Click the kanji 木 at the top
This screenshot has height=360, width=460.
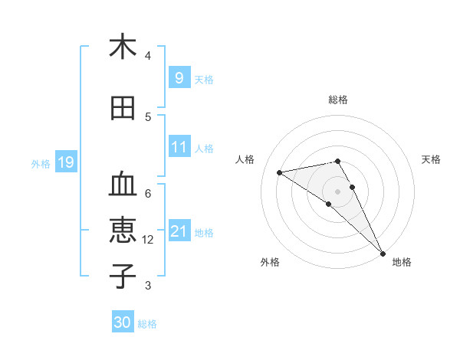point(123,47)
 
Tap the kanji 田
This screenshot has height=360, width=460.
point(123,109)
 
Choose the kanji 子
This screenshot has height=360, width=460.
point(123,276)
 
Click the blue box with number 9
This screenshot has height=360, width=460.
point(179,78)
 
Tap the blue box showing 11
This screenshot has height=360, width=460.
point(179,147)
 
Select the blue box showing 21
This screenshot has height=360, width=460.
point(179,231)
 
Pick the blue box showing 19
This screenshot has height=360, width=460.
point(65,162)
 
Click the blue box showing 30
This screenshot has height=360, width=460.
point(123,322)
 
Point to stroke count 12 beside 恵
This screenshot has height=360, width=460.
point(148,240)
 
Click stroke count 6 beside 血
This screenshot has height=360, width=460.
point(148,193)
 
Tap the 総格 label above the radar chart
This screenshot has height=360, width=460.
point(338,100)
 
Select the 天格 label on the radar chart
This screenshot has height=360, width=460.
point(432,159)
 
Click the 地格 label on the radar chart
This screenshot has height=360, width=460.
point(402,262)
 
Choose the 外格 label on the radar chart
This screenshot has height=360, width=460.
point(270,262)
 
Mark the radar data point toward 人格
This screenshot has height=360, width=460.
point(280,172)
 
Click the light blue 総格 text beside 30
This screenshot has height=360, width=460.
point(147,324)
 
